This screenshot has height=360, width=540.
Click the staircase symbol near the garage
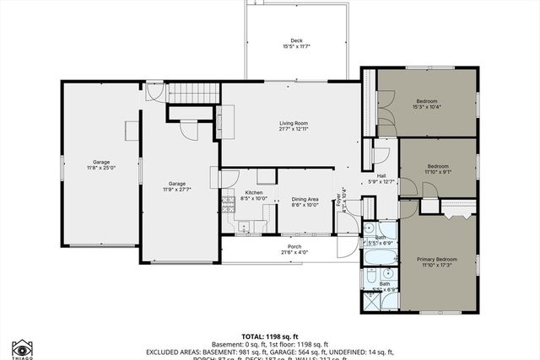[x=185, y=93]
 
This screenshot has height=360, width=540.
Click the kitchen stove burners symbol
[x=227, y=202]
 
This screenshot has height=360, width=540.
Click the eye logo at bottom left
[x=23, y=348]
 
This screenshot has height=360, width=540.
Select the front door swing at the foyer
[x=346, y=243]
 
